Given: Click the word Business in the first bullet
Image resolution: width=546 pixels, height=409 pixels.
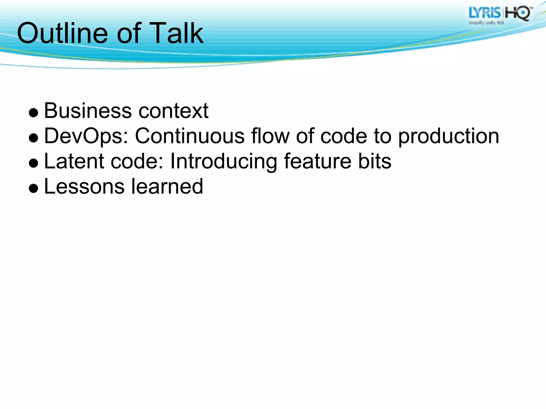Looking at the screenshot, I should pyautogui.click(x=88, y=111).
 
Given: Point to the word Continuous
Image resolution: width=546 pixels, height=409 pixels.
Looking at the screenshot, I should pyautogui.click(x=190, y=136).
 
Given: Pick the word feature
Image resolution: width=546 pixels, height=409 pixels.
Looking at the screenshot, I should pyautogui.click(x=317, y=161).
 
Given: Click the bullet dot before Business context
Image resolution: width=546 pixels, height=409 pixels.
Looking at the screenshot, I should pyautogui.click(x=34, y=113).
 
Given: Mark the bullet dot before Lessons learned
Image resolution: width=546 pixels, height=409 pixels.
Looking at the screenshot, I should pyautogui.click(x=34, y=189).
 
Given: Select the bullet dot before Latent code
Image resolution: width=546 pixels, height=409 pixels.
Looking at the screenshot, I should pyautogui.click(x=34, y=163).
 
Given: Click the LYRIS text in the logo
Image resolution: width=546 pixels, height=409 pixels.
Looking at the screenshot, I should pyautogui.click(x=484, y=13).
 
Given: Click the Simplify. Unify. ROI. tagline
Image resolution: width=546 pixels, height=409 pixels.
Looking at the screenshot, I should pyautogui.click(x=487, y=23).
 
